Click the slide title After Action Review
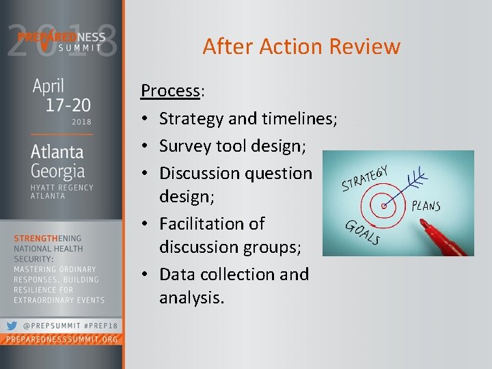click(301, 46)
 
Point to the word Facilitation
click(212, 223)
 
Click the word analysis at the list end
click(191, 298)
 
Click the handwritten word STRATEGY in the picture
click(364, 178)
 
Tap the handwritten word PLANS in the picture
click(426, 206)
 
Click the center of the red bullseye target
click(385, 204)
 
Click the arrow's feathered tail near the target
click(415, 180)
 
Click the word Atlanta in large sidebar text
click(57, 151)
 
